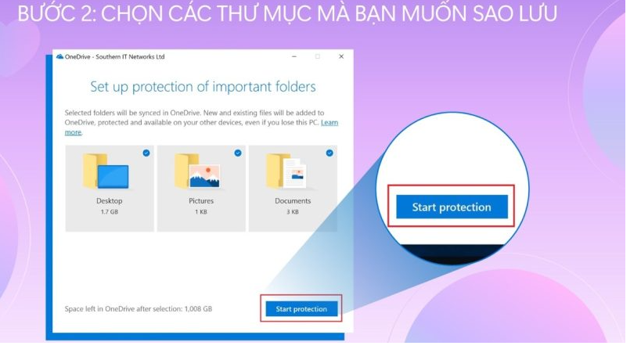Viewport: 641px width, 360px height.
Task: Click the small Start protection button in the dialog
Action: (x=301, y=309)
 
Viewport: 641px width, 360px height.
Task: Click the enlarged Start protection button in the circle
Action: (x=452, y=207)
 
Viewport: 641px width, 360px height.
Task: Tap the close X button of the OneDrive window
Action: (x=341, y=56)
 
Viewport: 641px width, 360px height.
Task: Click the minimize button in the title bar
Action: (x=294, y=56)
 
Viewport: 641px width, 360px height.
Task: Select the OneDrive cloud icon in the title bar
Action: (x=59, y=56)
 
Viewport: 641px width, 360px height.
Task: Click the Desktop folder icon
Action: (x=106, y=171)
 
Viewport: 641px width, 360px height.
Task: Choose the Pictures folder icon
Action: (x=197, y=171)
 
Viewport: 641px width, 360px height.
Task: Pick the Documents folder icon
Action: (x=286, y=171)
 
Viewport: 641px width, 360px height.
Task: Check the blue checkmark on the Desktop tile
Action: (x=146, y=153)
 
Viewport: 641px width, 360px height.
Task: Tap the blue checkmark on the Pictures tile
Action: (x=238, y=153)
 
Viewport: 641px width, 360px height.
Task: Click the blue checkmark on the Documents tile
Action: (x=330, y=153)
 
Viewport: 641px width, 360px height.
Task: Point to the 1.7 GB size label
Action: (x=110, y=211)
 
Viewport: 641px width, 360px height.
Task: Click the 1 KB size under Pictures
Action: (x=201, y=211)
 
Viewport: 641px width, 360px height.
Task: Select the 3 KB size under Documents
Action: (x=293, y=211)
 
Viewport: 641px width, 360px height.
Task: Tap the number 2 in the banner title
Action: (x=88, y=13)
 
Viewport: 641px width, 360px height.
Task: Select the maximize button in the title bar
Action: (x=318, y=56)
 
